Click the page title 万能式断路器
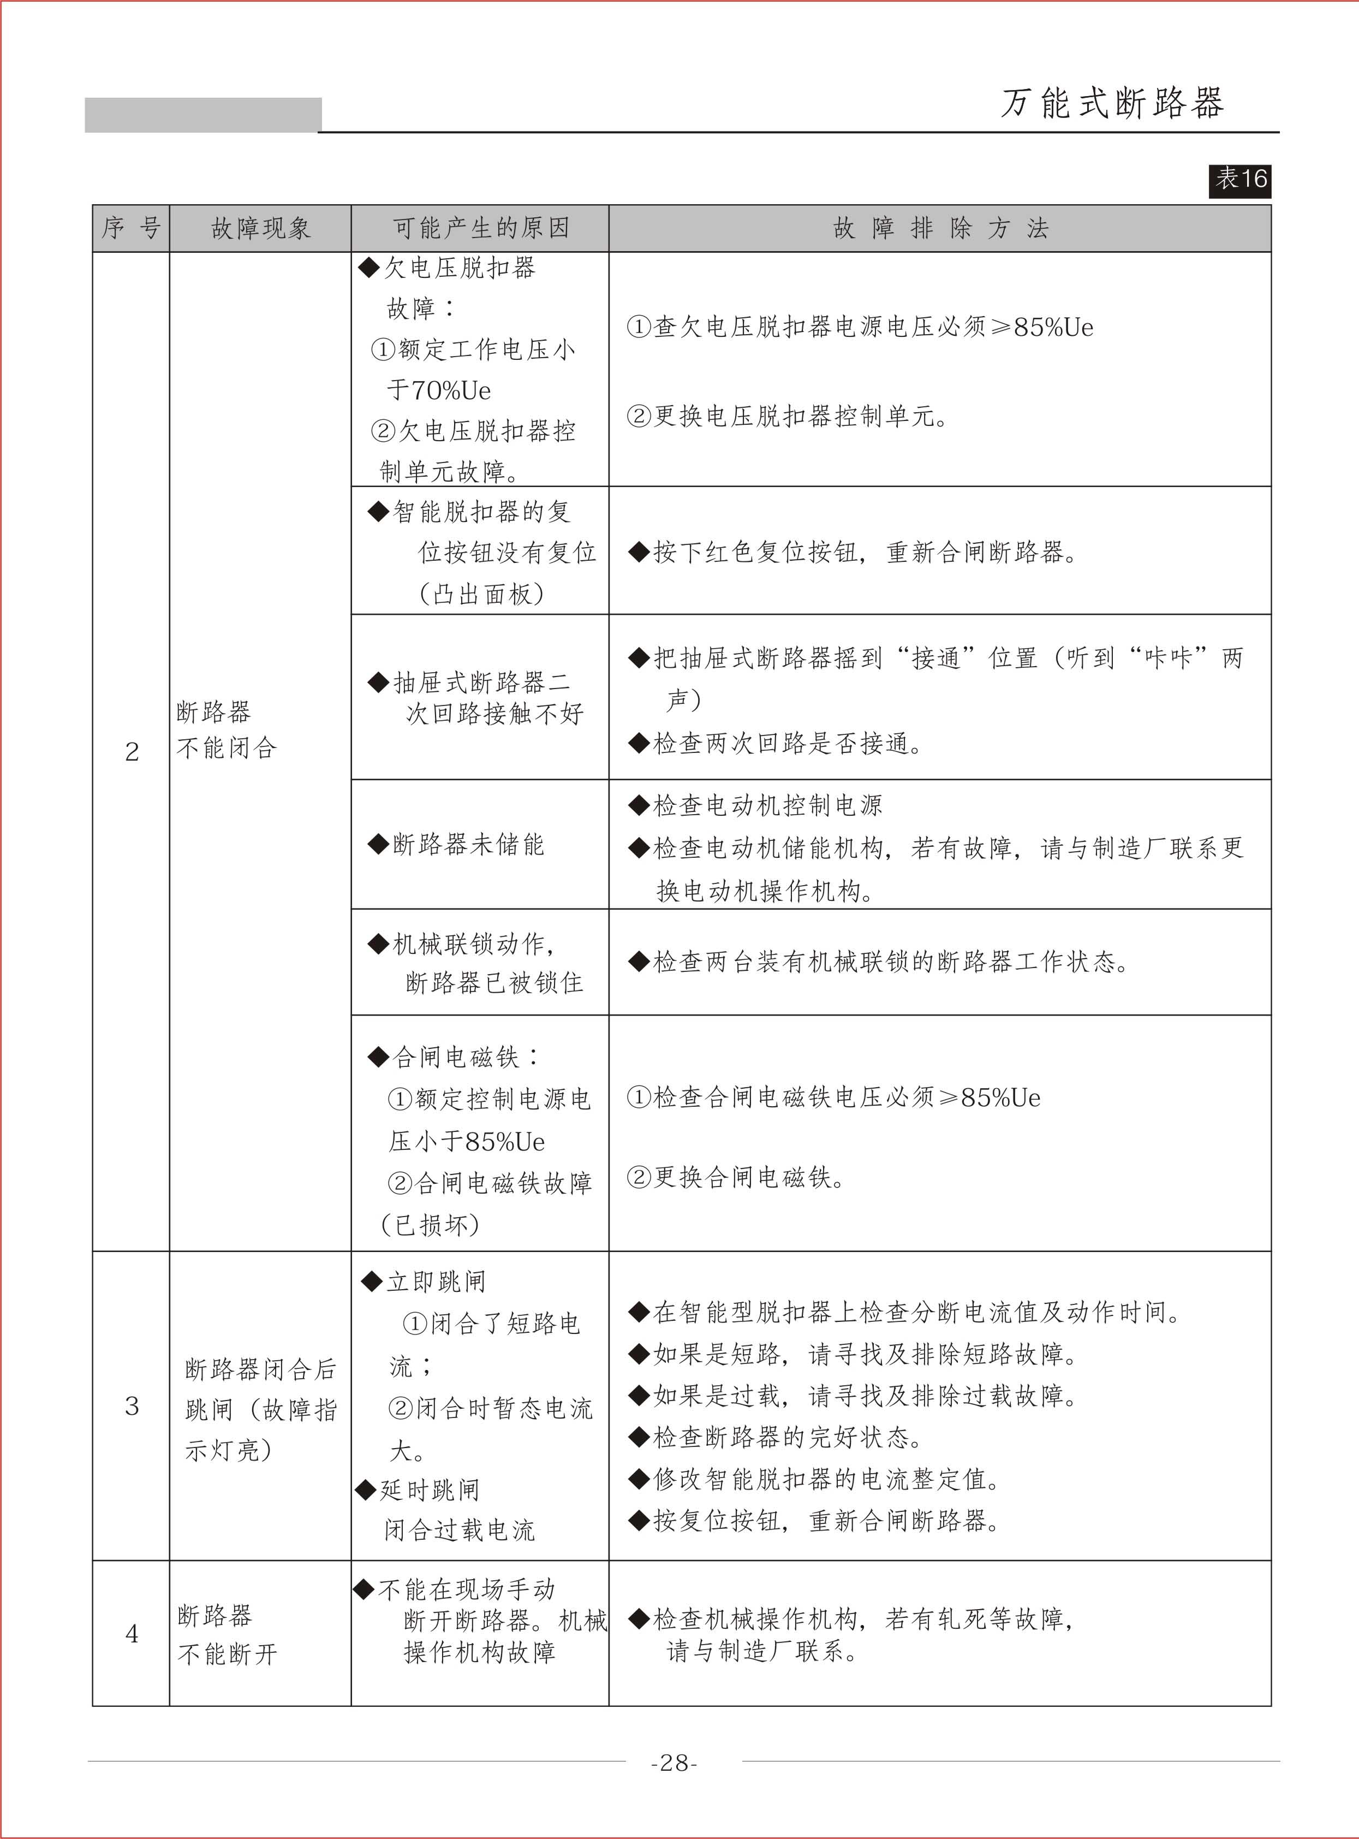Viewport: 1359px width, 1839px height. point(1112,104)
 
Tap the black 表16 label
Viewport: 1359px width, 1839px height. point(1239,179)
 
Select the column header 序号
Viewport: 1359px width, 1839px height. point(131,228)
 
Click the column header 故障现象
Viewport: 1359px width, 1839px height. point(260,228)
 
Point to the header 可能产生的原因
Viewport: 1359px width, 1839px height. point(480,228)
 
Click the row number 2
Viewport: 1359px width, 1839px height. point(132,752)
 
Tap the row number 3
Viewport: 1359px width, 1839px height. point(132,1406)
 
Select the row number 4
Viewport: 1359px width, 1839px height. point(132,1633)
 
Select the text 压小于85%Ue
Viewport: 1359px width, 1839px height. point(467,1141)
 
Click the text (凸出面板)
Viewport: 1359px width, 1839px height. point(481,594)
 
